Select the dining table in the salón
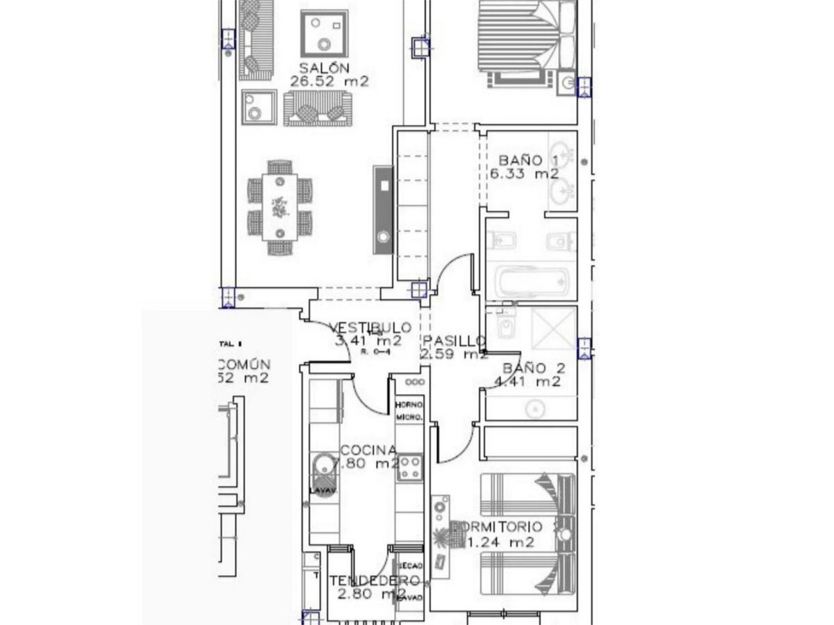(280, 207)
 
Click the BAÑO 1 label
(528, 161)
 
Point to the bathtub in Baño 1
(532, 282)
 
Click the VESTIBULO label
(370, 327)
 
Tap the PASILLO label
(454, 341)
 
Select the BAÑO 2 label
(534, 368)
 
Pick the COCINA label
(368, 451)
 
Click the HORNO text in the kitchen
(409, 405)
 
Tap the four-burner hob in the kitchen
(409, 466)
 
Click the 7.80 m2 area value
(368, 464)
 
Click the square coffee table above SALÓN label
(323, 33)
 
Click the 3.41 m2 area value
(368, 341)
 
